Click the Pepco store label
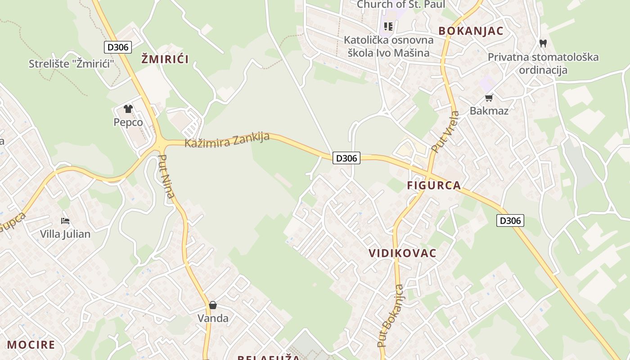click(x=128, y=122)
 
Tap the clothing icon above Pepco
click(x=128, y=108)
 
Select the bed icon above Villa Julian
click(x=65, y=220)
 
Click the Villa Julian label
click(x=65, y=234)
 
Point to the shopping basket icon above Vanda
click(x=213, y=305)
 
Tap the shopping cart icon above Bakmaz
click(x=489, y=98)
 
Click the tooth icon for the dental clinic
click(x=543, y=43)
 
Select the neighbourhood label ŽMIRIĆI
click(x=165, y=59)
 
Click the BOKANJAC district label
click(x=471, y=31)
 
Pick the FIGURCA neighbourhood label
click(x=434, y=185)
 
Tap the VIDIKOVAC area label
click(x=402, y=253)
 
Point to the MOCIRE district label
click(x=31, y=345)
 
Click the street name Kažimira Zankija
click(x=227, y=140)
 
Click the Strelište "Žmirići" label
click(x=72, y=63)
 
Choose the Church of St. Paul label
click(x=400, y=4)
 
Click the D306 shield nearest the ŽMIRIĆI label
click(x=118, y=47)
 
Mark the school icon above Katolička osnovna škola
click(x=388, y=26)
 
